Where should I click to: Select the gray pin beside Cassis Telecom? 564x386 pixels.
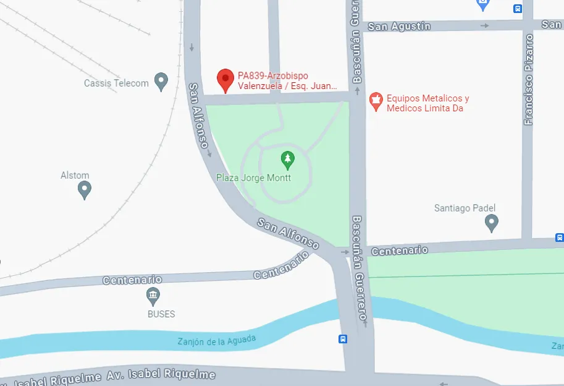coord(161,81)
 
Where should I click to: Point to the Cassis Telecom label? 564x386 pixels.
coord(116,83)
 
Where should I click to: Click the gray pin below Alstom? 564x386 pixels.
coord(85,190)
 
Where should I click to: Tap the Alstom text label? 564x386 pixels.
coord(75,176)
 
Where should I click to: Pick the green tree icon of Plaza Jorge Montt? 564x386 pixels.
coord(287,160)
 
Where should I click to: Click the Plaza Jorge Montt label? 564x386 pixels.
coord(253,178)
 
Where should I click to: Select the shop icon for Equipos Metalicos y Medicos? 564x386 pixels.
coord(375,101)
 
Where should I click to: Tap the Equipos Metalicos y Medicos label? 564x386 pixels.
coord(427,103)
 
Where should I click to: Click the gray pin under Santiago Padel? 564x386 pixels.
coord(492,223)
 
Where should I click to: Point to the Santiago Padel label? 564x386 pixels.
coord(465,208)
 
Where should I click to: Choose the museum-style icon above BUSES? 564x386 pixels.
coord(153,296)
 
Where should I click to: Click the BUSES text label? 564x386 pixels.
coord(161,314)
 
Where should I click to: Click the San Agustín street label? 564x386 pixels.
coord(398,27)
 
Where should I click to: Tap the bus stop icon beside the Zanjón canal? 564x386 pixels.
coord(343,339)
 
